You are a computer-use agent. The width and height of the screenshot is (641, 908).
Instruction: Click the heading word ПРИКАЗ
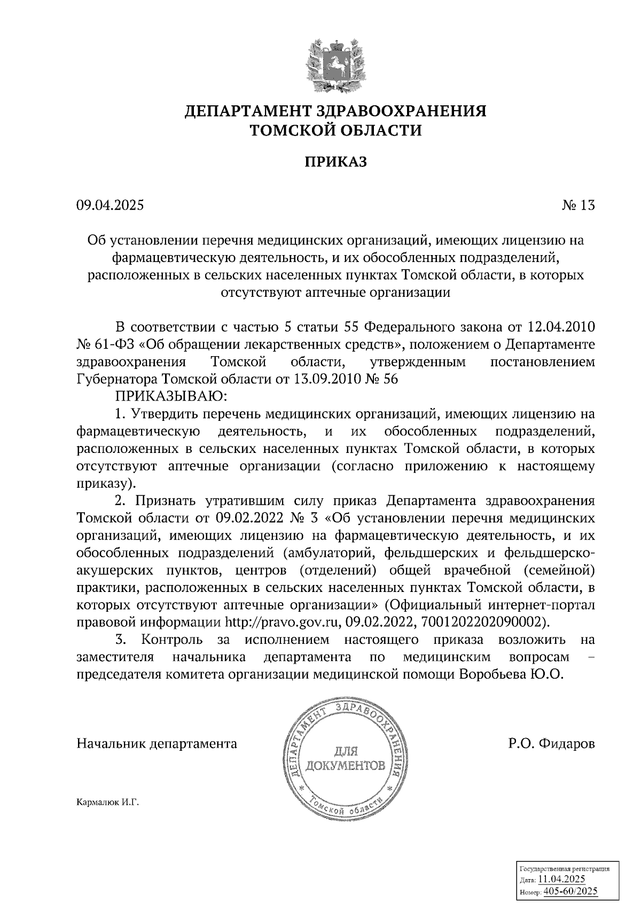335,162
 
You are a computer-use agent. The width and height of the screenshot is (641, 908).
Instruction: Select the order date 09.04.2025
110,205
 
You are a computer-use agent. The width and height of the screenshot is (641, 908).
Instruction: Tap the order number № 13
578,205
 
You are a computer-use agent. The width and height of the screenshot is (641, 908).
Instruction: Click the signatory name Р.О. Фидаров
551,744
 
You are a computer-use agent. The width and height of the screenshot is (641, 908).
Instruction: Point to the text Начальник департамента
157,744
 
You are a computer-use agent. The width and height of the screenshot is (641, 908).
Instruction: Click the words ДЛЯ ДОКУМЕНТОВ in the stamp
345,759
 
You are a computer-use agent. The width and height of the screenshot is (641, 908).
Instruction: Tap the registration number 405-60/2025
570,891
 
